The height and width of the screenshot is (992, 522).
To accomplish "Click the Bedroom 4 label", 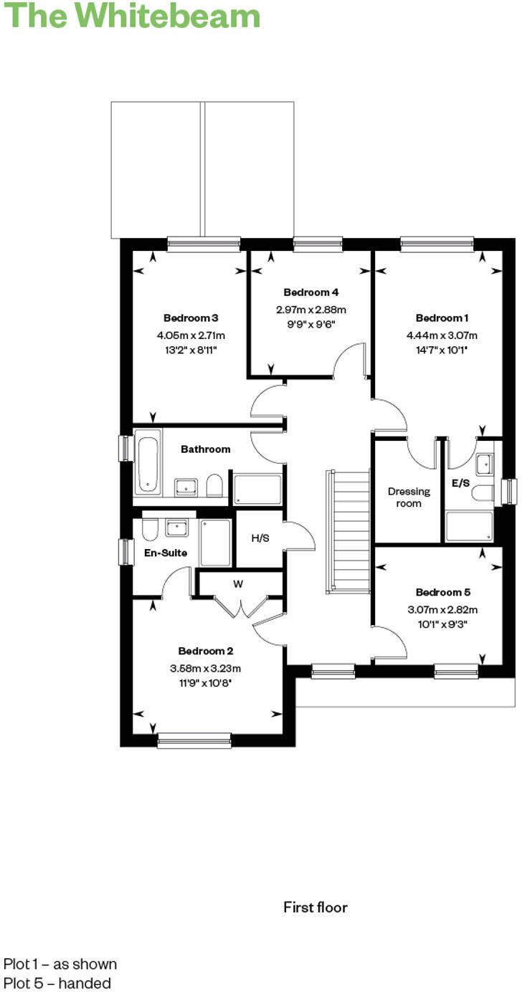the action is (311, 292).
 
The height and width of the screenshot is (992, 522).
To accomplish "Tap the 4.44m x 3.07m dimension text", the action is (442, 335).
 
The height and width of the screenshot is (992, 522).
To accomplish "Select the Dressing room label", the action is (409, 497).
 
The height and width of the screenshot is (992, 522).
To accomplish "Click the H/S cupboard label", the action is (260, 538).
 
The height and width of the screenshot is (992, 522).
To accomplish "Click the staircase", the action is (348, 531).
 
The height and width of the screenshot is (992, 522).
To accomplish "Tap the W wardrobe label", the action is (238, 584).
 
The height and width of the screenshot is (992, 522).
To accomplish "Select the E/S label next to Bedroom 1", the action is (460, 483).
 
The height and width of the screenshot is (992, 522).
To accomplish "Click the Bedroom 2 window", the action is (194, 740).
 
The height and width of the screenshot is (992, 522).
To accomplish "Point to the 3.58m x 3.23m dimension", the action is (206, 668).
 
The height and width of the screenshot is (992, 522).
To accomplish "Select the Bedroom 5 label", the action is (442, 592).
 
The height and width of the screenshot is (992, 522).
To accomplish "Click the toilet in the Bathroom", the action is (214, 485).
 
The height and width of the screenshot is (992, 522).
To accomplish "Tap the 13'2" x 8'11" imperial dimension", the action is (191, 350).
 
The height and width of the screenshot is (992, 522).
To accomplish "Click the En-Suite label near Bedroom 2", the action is (166, 553).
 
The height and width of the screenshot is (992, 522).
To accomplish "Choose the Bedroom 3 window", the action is (204, 245).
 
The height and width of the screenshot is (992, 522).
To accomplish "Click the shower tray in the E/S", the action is (469, 527).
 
